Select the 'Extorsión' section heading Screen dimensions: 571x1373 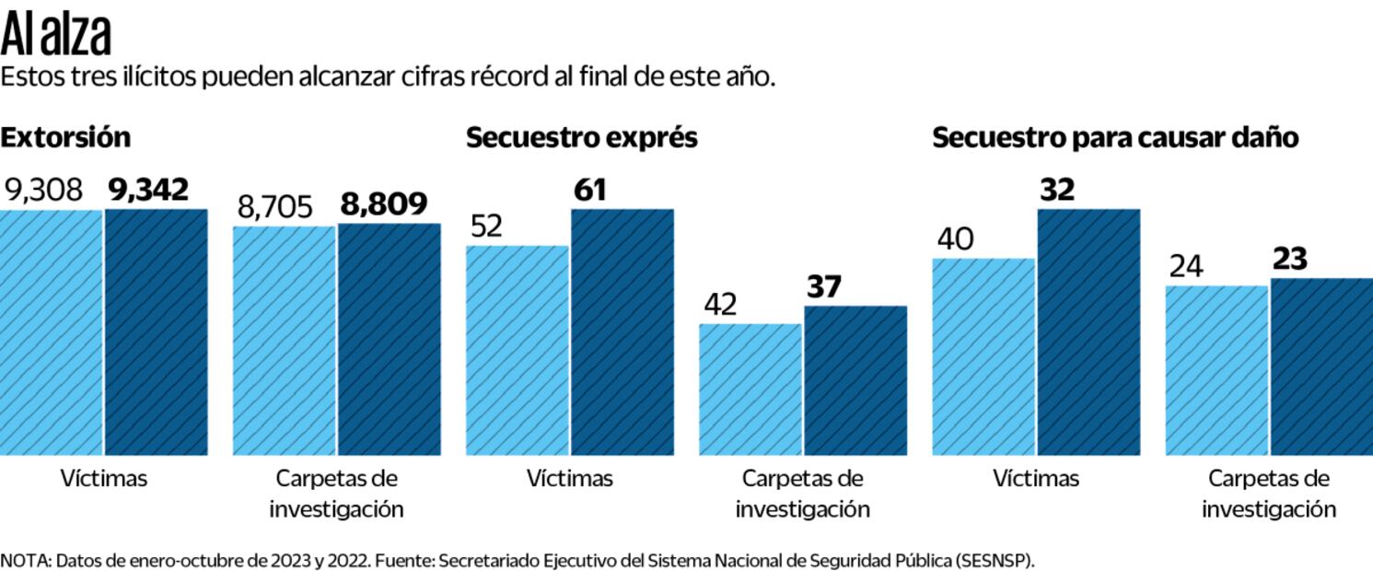pyautogui.click(x=65, y=138)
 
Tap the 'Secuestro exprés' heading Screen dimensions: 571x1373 pyautogui.click(x=581, y=138)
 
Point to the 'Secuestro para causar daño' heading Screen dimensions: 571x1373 pyautogui.click(x=1115, y=138)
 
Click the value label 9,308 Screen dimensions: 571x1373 pyautogui.click(x=44, y=191)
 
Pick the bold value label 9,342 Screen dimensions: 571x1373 pyautogui.click(x=149, y=191)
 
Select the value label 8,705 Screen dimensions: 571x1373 pyautogui.click(x=275, y=207)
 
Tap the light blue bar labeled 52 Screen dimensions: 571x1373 pyautogui.click(x=518, y=350)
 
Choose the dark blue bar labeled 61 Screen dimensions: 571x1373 pyautogui.click(x=623, y=332)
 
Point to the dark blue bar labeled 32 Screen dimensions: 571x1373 pyautogui.click(x=1088, y=332)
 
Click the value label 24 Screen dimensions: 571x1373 pyautogui.click(x=1186, y=267)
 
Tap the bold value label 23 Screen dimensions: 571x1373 pyautogui.click(x=1290, y=260)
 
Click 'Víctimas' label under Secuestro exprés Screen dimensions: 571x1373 pyautogui.click(x=570, y=479)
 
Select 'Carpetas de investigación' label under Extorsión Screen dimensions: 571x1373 pyautogui.click(x=336, y=494)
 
